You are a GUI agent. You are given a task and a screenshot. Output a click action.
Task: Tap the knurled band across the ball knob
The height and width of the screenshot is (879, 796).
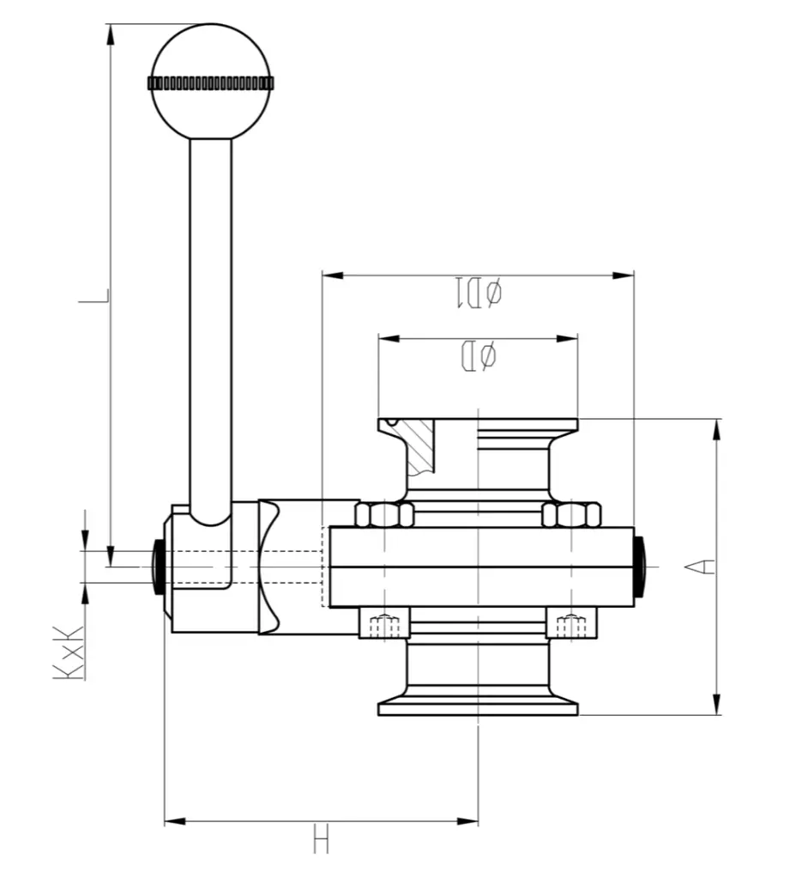pyautogui.click(x=210, y=83)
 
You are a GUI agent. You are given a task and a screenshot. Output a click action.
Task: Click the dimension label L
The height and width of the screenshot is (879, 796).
pyautogui.click(x=94, y=296)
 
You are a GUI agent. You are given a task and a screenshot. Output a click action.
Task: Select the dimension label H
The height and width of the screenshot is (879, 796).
pyautogui.click(x=321, y=839)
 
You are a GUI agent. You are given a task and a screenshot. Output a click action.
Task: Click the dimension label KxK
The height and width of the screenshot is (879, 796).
pyautogui.click(x=69, y=652)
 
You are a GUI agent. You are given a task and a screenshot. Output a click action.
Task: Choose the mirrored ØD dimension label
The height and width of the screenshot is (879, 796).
pyautogui.click(x=478, y=355)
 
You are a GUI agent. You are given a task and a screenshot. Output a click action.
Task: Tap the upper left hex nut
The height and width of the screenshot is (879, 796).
pyautogui.click(x=384, y=515)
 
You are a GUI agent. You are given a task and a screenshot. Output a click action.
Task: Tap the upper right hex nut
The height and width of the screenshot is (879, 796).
pyautogui.click(x=571, y=515)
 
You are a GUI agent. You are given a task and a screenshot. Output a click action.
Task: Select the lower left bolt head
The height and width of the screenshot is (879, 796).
pyautogui.click(x=384, y=624)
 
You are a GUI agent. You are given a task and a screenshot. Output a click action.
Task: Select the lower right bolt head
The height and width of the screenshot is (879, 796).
pyautogui.click(x=571, y=624)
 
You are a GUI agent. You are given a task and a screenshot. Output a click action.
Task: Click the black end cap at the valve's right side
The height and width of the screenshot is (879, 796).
pyautogui.click(x=640, y=567)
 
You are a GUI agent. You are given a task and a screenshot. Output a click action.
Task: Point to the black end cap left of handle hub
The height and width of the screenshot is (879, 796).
pyautogui.click(x=159, y=567)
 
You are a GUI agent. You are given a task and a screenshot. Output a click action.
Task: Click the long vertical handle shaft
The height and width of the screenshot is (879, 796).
pyautogui.click(x=210, y=326)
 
